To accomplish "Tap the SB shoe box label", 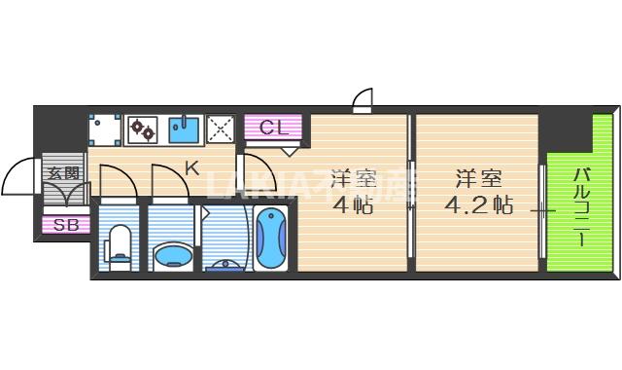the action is (66, 226).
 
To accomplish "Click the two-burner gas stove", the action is (143, 129).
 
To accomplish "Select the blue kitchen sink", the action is (184, 129).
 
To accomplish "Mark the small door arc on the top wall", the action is (363, 99).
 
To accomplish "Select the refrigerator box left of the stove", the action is (103, 129).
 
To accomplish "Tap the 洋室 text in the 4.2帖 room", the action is (478, 179).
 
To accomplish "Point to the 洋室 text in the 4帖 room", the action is (352, 179).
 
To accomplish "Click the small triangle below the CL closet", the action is (291, 150).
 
